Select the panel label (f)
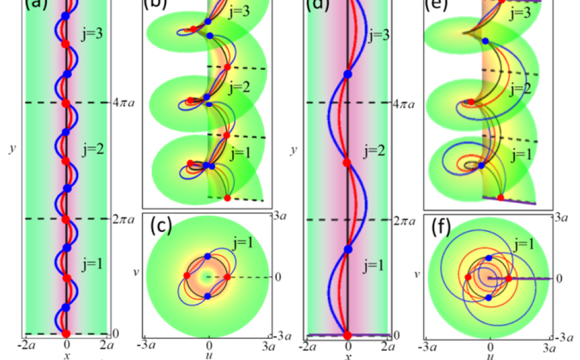440,228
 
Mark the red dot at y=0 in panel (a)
66,333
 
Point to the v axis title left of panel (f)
417,274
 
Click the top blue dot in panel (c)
208,256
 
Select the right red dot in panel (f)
509,278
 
